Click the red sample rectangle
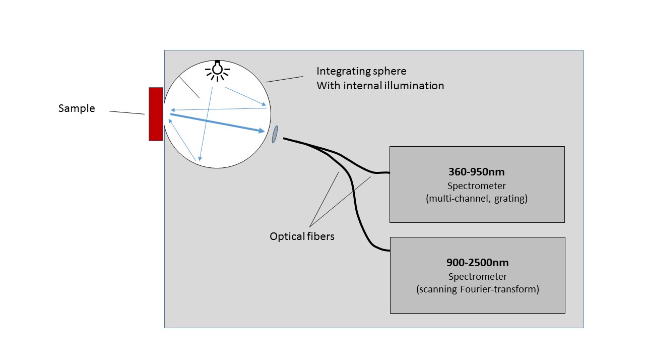156,114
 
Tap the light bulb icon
217,70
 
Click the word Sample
77,108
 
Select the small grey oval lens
275,135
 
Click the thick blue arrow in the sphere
217,123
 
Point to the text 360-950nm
477,171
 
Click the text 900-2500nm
477,263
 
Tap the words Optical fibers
302,236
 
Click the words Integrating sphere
361,71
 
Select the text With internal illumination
380,86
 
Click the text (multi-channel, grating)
477,199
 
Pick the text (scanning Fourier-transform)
477,289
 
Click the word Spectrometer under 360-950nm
477,186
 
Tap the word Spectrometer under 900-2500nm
477,276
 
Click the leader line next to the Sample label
127,112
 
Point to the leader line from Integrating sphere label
284,79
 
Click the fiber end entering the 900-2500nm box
385,250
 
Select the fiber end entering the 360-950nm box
385,172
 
